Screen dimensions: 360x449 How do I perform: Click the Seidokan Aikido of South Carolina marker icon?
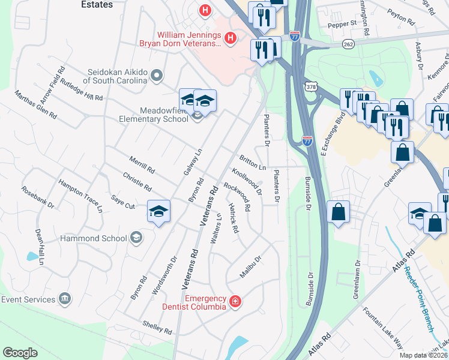click(x=157, y=76)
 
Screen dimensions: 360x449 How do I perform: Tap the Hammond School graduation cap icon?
click(x=136, y=238)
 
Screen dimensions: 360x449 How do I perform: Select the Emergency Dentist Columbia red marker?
click(x=235, y=302)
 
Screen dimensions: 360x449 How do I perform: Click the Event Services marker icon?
click(x=64, y=299)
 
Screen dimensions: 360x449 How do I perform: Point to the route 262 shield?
click(x=349, y=44)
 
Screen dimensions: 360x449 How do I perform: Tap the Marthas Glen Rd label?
click(x=35, y=104)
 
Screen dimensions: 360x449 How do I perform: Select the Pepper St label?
click(x=342, y=23)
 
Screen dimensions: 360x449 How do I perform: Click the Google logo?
click(x=20, y=353)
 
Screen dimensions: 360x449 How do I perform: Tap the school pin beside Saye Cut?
click(x=159, y=211)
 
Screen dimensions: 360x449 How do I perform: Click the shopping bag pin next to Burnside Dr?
click(x=339, y=212)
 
